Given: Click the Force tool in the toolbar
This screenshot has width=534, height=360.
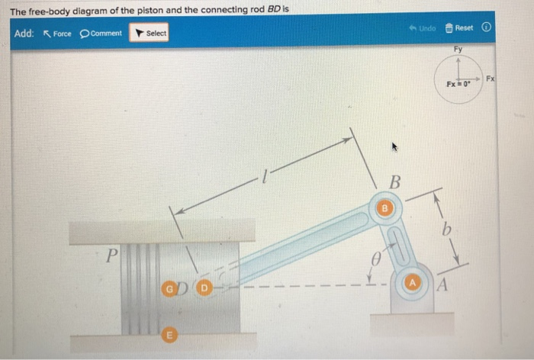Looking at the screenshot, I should tap(58, 34).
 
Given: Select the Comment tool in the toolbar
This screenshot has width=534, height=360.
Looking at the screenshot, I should tap(101, 34).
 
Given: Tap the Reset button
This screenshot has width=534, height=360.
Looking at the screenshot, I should tap(459, 28).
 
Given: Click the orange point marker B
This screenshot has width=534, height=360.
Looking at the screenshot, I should tap(385, 207).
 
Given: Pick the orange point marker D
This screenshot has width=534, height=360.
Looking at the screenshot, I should tap(204, 290).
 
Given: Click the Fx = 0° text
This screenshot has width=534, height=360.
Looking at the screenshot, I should tap(458, 83).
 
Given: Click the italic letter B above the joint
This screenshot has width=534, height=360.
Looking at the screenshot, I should tap(394, 182).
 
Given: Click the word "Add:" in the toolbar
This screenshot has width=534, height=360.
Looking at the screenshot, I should tap(24, 34).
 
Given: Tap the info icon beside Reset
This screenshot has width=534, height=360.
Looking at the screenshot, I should tap(485, 28).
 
